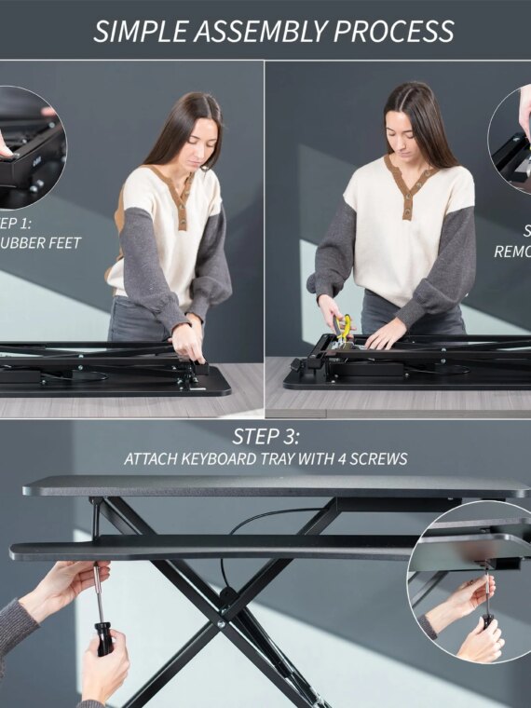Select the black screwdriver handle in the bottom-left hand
[105, 638]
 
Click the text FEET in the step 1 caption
[63, 243]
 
